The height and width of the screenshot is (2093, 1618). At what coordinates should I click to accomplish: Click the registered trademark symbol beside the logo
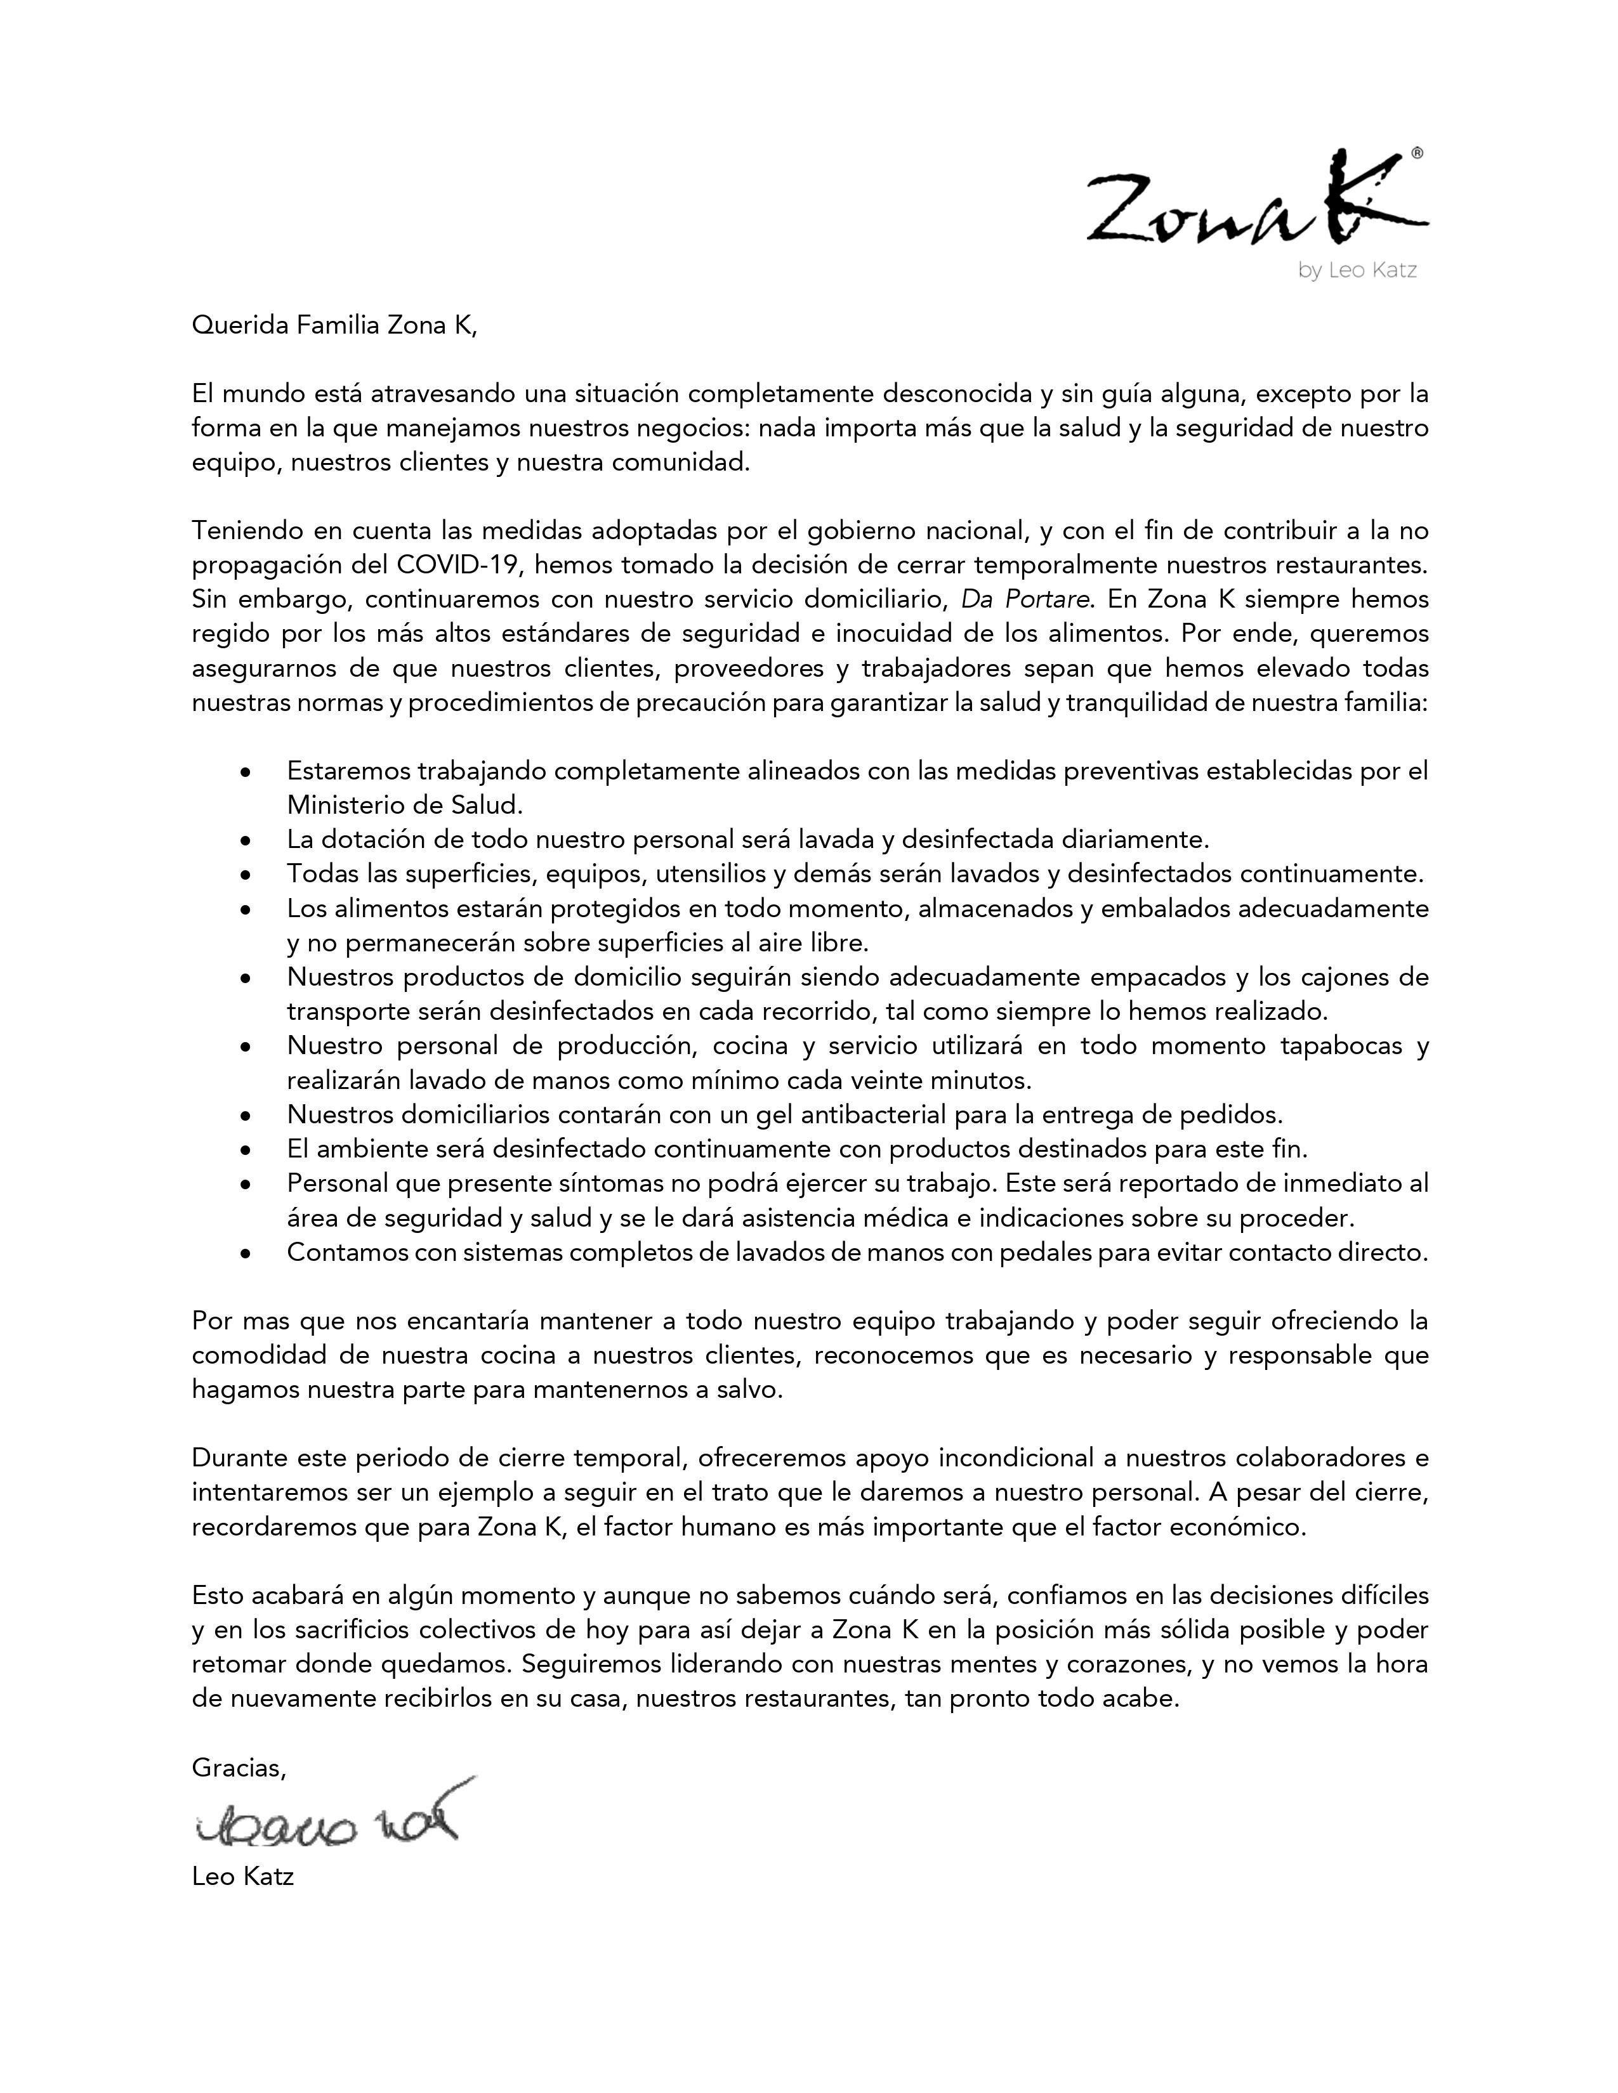point(1417,152)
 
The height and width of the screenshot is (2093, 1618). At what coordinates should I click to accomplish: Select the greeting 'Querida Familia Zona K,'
point(334,326)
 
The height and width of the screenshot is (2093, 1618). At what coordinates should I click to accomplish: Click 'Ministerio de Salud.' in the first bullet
point(405,805)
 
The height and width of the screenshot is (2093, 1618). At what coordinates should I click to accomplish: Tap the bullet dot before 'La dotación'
point(247,840)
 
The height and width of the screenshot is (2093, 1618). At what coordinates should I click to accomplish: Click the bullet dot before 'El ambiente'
point(247,1150)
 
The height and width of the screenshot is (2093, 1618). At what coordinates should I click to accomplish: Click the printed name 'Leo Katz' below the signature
point(242,1877)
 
